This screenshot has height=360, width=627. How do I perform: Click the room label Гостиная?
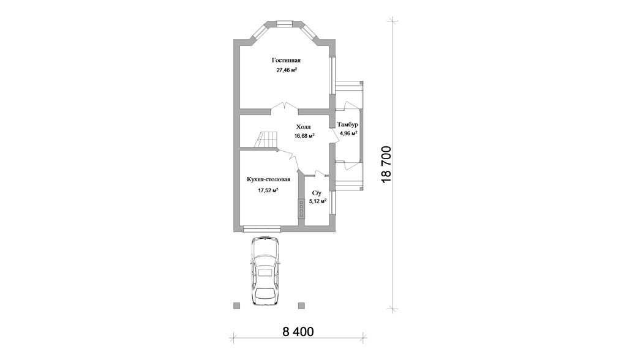(x=286, y=61)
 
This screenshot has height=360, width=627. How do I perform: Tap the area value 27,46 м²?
(x=287, y=70)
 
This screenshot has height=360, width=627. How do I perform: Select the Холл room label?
(x=304, y=127)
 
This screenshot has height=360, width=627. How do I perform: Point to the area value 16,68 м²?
(x=304, y=135)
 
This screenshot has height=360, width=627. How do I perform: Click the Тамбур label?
(x=348, y=124)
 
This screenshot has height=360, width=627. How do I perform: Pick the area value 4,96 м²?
(x=348, y=133)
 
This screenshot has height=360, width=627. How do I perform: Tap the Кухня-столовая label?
(x=268, y=179)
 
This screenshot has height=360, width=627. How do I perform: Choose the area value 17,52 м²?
(x=268, y=190)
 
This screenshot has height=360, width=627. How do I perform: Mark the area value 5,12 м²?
(x=318, y=201)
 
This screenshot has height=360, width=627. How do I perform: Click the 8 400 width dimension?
(x=298, y=332)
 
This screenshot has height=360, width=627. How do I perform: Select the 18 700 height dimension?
(x=386, y=165)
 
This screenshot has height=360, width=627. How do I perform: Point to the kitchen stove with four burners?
(x=301, y=208)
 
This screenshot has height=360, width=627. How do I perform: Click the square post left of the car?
(x=237, y=306)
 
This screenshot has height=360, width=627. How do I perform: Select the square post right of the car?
(x=301, y=306)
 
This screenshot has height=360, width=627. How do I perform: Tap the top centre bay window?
(x=285, y=24)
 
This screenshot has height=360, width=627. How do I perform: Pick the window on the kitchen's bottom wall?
(x=262, y=228)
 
